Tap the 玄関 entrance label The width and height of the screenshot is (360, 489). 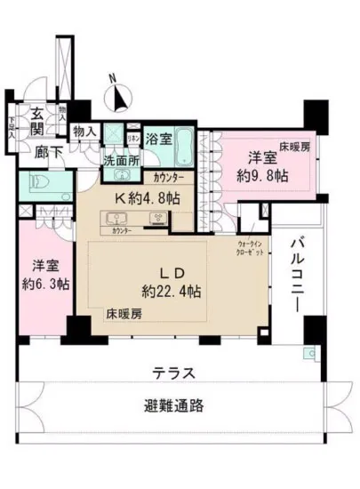pos(37,119)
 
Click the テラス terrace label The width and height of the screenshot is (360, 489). pos(172,372)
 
